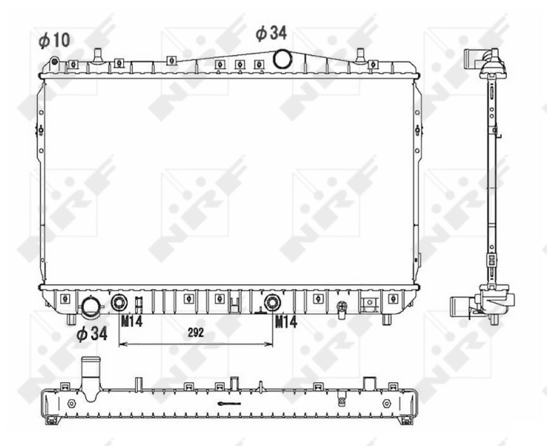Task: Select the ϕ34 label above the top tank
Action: pyautogui.click(x=271, y=33)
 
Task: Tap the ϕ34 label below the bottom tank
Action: pyautogui.click(x=92, y=334)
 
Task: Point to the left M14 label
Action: pyautogui.click(x=131, y=322)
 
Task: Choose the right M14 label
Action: pyautogui.click(x=286, y=322)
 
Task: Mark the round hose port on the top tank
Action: pyautogui.click(x=283, y=59)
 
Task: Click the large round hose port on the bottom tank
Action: pyautogui.click(x=91, y=306)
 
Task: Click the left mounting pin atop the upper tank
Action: pyautogui.click(x=96, y=54)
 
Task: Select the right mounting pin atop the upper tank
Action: pyautogui.click(x=360, y=54)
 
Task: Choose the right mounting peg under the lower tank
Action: pyautogui.click(x=387, y=319)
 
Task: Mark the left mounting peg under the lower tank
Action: pyautogui.click(x=71, y=319)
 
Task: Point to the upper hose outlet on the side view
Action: pyautogui.click(x=471, y=58)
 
